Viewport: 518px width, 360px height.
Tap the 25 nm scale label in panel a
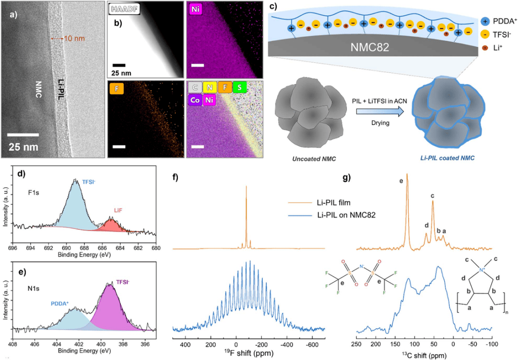25,146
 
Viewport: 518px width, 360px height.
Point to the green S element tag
239,88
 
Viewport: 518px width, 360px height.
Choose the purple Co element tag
195,101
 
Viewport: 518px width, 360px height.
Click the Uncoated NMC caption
306,152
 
